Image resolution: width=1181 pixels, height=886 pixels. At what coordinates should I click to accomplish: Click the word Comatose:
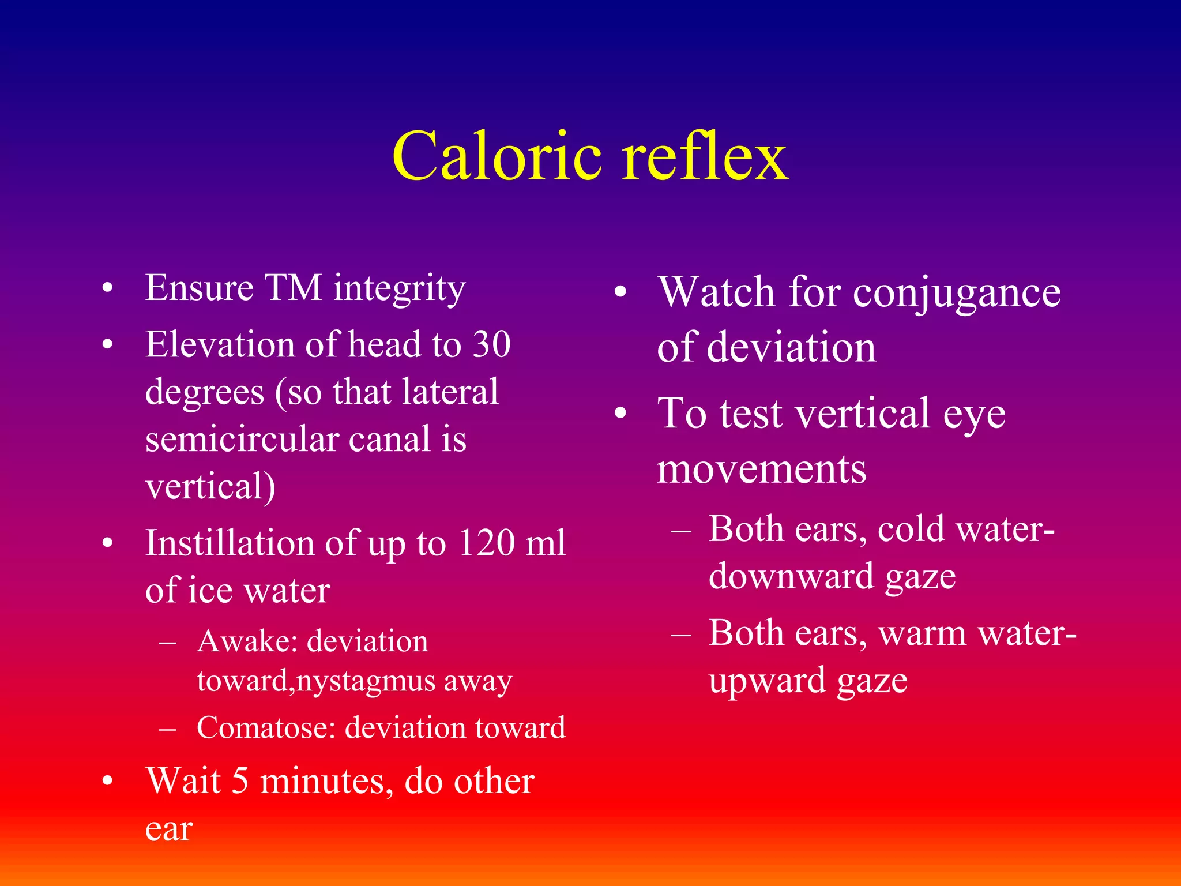(x=266, y=728)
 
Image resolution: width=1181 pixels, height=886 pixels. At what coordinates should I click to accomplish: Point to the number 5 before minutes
(x=240, y=782)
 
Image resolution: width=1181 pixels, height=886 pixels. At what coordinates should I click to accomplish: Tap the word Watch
(x=716, y=292)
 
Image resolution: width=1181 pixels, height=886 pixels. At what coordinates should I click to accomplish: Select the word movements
(x=761, y=470)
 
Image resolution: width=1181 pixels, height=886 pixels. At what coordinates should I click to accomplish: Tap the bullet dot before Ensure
(x=107, y=288)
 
